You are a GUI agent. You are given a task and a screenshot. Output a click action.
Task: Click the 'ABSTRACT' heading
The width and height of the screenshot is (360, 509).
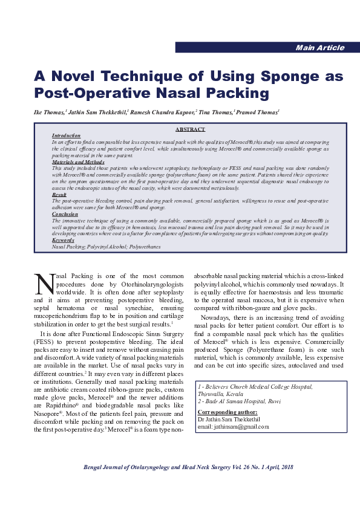(x=190, y=129)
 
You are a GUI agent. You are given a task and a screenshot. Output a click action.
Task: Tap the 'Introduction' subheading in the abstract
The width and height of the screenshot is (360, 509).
(x=66, y=136)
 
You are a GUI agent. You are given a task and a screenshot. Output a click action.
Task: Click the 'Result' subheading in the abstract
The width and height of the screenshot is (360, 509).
(x=59, y=193)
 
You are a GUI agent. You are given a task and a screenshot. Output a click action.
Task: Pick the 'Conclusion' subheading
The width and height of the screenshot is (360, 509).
(x=65, y=214)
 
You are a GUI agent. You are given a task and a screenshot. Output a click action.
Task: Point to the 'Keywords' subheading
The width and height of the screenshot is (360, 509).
(x=64, y=241)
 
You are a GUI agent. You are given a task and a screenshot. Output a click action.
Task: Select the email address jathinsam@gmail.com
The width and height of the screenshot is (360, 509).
(x=233, y=426)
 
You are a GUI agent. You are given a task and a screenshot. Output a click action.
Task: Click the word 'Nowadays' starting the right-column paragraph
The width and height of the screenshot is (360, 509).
(x=218, y=317)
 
